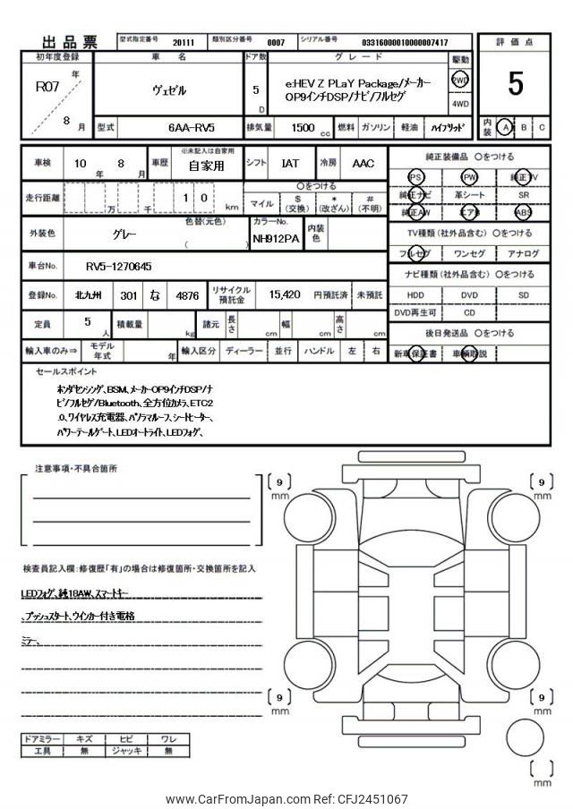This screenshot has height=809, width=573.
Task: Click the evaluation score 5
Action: click(516, 83)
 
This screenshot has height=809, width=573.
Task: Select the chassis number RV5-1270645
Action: click(118, 266)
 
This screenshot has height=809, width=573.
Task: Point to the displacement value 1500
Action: click(303, 128)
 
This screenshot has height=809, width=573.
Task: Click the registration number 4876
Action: click(188, 294)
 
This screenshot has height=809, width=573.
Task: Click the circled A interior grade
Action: click(506, 127)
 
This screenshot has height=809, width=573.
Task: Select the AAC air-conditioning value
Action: click(363, 164)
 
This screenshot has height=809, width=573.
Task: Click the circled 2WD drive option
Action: click(460, 80)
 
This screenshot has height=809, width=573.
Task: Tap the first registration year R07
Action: click(46, 87)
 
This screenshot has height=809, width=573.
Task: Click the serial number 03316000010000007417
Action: click(405, 42)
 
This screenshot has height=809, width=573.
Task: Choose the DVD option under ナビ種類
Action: click(469, 294)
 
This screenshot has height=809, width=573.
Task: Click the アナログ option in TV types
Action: click(523, 254)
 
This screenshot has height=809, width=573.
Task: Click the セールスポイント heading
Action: click(66, 370)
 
